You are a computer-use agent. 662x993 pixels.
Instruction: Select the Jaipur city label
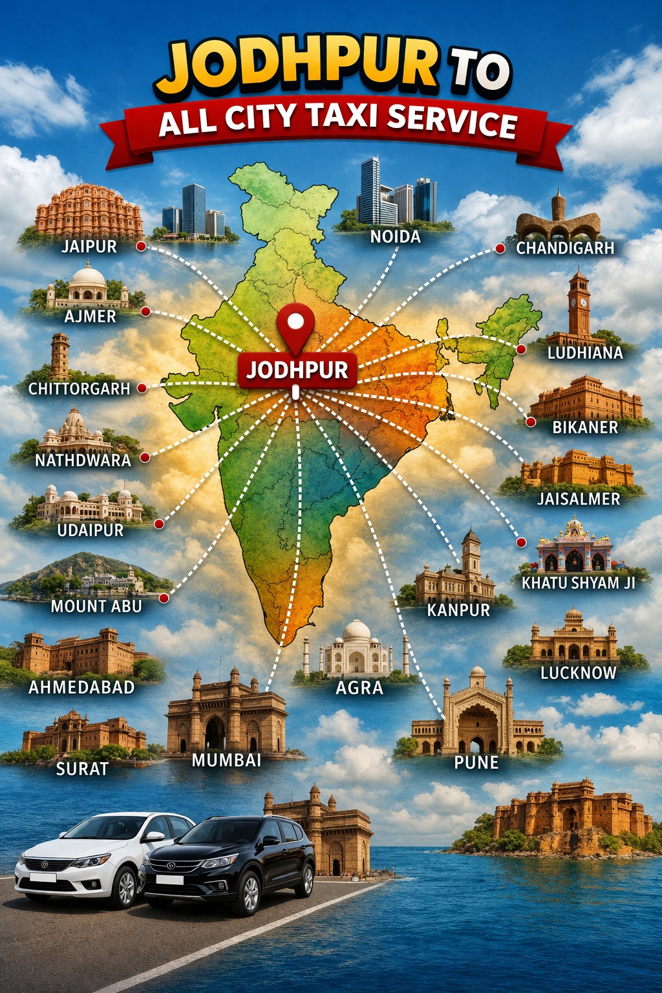[x=89, y=246]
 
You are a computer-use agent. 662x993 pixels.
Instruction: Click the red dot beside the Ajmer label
[x=145, y=312]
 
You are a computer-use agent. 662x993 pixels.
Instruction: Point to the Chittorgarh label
[x=79, y=389]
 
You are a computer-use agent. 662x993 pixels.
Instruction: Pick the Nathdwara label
[x=83, y=460]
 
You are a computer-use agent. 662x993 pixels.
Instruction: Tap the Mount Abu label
[x=96, y=606]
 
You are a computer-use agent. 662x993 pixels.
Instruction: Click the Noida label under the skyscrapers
[x=395, y=237]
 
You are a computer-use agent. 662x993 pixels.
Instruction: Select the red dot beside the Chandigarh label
[x=499, y=248]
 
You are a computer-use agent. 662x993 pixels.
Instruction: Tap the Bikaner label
[x=585, y=427]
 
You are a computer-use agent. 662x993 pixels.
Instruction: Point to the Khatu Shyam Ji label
[x=578, y=582]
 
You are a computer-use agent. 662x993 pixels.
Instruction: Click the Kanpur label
[x=458, y=610]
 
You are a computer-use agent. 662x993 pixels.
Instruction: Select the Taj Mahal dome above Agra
[x=356, y=632]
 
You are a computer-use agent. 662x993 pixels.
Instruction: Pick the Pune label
[x=476, y=762]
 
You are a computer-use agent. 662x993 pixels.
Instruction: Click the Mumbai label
[x=226, y=760]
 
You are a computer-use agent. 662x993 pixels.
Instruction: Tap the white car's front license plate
[x=43, y=877]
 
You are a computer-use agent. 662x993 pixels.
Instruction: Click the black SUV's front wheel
[x=248, y=894]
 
